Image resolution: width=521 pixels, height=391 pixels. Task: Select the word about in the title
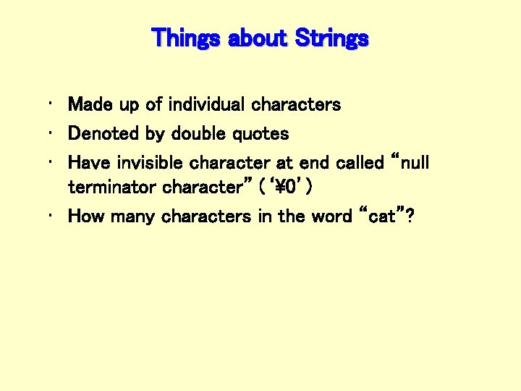coord(257,38)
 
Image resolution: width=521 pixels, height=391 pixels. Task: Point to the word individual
coord(207,105)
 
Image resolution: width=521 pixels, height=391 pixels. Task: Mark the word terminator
coord(113,188)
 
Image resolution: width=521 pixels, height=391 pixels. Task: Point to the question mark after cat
coord(410,216)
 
